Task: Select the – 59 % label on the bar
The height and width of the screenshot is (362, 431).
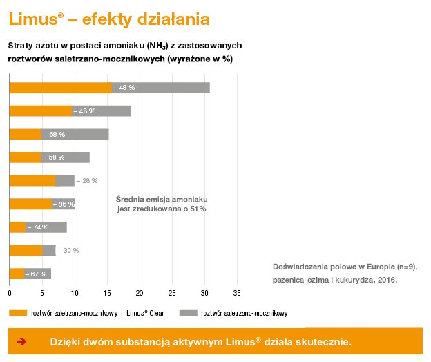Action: click(x=54, y=158)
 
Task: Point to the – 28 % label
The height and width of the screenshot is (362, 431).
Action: click(x=86, y=181)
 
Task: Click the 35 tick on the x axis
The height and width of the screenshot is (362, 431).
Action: click(x=238, y=292)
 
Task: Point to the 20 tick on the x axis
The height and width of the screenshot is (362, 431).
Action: click(x=140, y=292)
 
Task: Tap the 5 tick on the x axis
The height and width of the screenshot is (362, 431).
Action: click(x=42, y=292)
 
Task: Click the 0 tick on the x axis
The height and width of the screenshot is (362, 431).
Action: click(x=9, y=292)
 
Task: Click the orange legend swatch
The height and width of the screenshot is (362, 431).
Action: click(x=18, y=313)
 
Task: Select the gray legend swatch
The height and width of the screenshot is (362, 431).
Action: click(x=188, y=313)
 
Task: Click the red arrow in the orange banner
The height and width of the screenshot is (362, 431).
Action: click(x=21, y=342)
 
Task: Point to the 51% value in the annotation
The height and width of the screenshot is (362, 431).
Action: click(x=197, y=208)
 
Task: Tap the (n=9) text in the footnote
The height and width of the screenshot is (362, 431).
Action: click(x=403, y=266)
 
